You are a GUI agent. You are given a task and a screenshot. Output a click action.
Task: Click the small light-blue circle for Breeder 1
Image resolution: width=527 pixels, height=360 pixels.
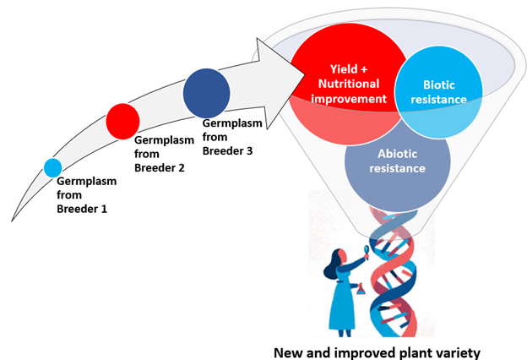pos(52,168)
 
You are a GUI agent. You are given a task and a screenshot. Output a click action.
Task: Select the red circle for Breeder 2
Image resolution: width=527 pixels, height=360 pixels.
pos(122,122)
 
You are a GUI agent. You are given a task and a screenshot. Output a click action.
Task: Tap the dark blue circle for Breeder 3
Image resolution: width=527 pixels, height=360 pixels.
pos(206,93)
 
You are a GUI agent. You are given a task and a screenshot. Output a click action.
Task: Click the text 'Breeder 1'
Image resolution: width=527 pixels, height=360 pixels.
pos(82,209)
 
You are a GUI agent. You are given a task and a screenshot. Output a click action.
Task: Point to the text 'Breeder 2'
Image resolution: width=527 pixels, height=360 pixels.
pos(160,167)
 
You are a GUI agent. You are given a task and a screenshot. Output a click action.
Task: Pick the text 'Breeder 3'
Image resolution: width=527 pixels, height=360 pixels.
pos(227,150)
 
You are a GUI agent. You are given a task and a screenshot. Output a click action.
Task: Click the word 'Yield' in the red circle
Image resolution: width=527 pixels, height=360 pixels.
pos(344,69)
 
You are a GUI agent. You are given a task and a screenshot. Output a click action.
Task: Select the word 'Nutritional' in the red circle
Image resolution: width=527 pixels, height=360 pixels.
pos(349,84)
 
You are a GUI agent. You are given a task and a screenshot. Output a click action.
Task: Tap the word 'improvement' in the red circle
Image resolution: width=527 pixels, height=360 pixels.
pos(349,99)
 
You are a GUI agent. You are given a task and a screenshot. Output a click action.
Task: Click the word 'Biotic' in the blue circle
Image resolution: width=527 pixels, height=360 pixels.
pos(438,85)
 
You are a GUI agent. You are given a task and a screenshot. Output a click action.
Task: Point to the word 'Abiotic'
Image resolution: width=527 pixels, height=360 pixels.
pos(397,154)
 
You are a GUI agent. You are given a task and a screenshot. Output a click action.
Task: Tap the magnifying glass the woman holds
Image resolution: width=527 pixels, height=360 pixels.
pos(367,252)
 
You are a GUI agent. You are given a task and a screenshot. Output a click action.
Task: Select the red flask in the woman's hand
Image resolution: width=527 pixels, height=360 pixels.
pos(361,289)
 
